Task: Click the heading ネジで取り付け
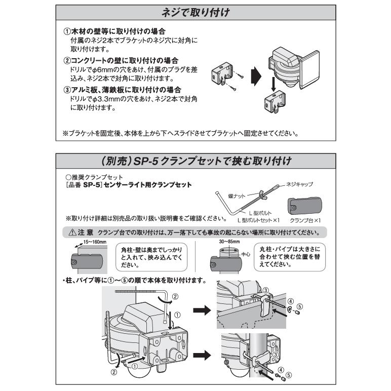click(195, 13)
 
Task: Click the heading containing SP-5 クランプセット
click(195, 162)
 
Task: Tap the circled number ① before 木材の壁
click(66, 31)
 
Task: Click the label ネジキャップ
click(299, 184)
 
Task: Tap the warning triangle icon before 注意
click(73, 233)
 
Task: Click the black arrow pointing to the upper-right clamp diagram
click(203, 311)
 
